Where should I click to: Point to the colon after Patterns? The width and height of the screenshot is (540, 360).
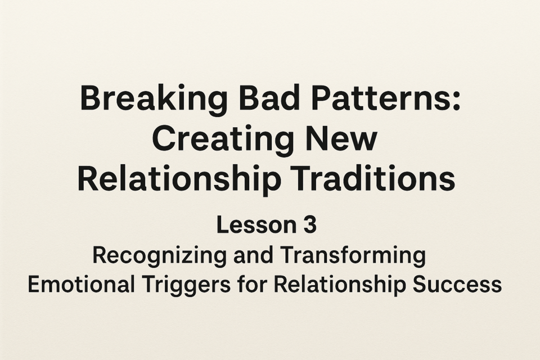pyautogui.click(x=456, y=101)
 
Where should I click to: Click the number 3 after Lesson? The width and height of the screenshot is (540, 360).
pyautogui.click(x=310, y=225)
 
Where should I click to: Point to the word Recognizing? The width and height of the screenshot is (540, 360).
pyautogui.click(x=159, y=256)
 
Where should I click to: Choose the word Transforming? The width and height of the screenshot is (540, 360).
pyautogui.click(x=353, y=256)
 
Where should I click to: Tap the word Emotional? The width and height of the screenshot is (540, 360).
pyautogui.click(x=81, y=285)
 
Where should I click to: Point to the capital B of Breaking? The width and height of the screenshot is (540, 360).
pyautogui.click(x=89, y=98)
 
